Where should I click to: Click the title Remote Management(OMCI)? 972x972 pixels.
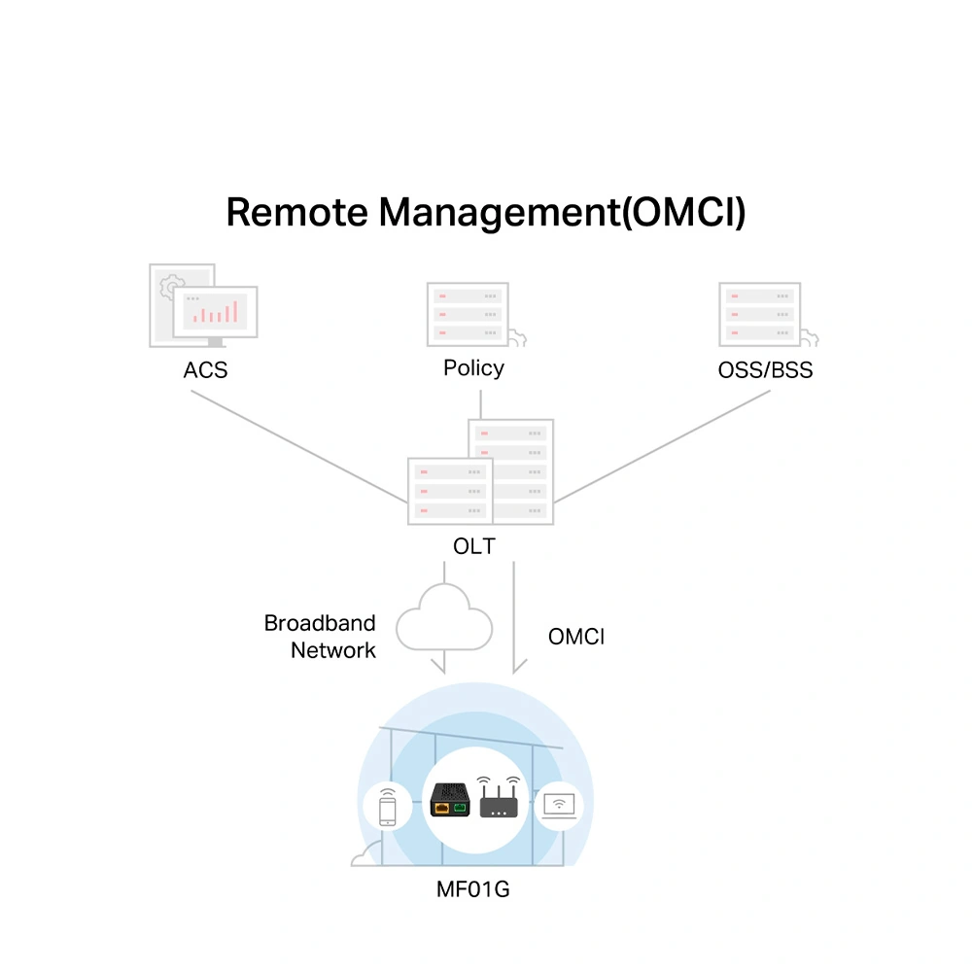tap(486, 212)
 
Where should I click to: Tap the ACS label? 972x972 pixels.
tap(205, 370)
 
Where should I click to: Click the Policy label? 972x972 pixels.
tap(473, 368)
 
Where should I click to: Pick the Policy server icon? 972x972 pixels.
tap(469, 314)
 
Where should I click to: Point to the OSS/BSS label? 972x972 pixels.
tap(765, 370)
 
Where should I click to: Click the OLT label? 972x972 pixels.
tap(473, 546)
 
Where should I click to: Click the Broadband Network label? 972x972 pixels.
tap(321, 637)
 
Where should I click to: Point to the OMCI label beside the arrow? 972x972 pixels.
tap(576, 637)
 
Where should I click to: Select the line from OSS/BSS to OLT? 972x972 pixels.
tap(661, 447)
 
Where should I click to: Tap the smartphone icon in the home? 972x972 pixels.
tap(388, 806)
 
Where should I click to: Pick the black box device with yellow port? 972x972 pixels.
tap(451, 799)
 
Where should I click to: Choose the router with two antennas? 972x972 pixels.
tap(500, 799)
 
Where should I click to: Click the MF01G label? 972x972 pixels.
tap(473, 887)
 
